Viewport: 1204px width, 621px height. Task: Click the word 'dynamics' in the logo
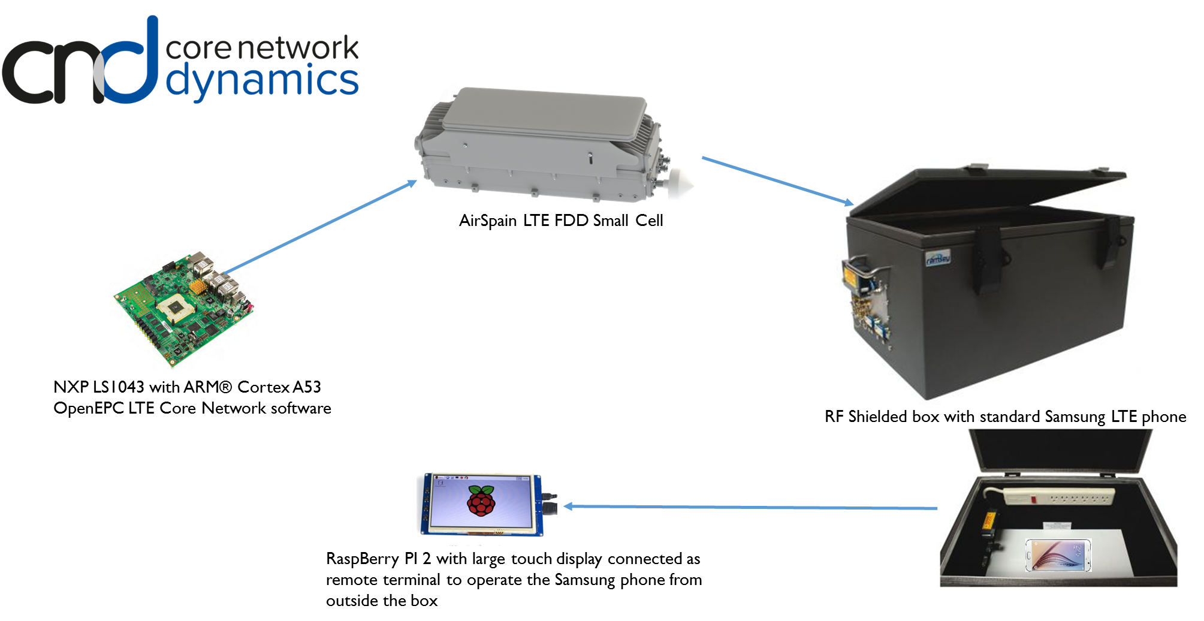[x=262, y=82]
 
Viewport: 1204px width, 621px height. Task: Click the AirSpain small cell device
[x=539, y=144]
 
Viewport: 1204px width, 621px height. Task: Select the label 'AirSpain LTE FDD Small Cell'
[x=560, y=221]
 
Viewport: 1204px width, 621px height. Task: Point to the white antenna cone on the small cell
[x=680, y=184]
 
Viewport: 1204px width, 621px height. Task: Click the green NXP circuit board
[x=183, y=309]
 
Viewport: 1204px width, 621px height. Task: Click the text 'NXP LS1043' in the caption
[x=98, y=387]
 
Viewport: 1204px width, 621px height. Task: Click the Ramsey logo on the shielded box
[x=938, y=259]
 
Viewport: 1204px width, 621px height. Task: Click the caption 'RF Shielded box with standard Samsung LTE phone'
[x=1005, y=417]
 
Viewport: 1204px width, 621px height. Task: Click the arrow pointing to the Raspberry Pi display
[x=749, y=507]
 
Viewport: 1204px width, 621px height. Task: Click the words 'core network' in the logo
[x=262, y=48]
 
